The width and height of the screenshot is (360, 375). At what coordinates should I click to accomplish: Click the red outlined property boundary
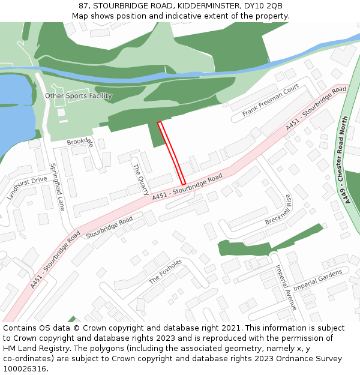[x=172, y=153]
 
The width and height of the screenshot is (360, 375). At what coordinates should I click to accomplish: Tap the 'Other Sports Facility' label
[x=79, y=96]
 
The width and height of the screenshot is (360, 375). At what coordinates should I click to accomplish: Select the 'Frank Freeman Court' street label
[x=271, y=101]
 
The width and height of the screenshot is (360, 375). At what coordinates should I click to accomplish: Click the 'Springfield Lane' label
[x=57, y=187]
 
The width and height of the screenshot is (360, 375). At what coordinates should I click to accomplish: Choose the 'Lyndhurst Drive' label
[x=26, y=188]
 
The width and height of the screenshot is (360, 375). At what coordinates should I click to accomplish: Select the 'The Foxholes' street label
[x=165, y=271]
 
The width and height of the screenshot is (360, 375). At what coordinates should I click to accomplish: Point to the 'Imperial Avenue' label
[x=286, y=287]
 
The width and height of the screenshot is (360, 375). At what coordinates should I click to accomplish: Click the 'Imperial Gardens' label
[x=317, y=280]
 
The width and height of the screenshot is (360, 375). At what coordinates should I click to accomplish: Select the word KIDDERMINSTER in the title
[x=202, y=6]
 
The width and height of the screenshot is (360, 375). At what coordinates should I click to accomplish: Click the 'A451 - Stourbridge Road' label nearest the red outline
[x=187, y=187]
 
